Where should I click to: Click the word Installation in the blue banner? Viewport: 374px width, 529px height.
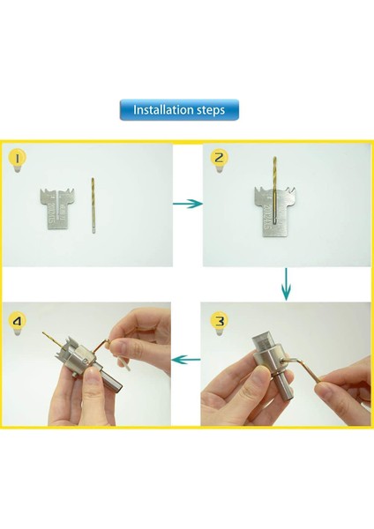tap(158, 109)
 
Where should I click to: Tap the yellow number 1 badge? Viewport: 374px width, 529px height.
tap(18, 158)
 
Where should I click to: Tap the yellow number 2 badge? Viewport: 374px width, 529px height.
tap(219, 158)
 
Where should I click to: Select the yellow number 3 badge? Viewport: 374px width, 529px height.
tap(220, 321)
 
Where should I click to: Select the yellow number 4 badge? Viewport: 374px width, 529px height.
tap(17, 321)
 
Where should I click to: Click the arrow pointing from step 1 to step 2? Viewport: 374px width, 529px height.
tap(188, 204)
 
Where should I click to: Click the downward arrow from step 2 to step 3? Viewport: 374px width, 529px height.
tap(287, 284)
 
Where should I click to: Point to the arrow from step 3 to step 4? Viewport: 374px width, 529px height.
tap(186, 360)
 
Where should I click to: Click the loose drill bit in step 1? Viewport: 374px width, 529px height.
tap(93, 205)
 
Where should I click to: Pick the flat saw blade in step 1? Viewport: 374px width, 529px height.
tap(57, 209)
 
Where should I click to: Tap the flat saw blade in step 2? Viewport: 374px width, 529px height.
tap(273, 212)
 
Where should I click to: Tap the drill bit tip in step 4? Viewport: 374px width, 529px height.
tap(43, 333)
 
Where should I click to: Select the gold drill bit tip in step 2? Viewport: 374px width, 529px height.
tap(274, 158)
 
